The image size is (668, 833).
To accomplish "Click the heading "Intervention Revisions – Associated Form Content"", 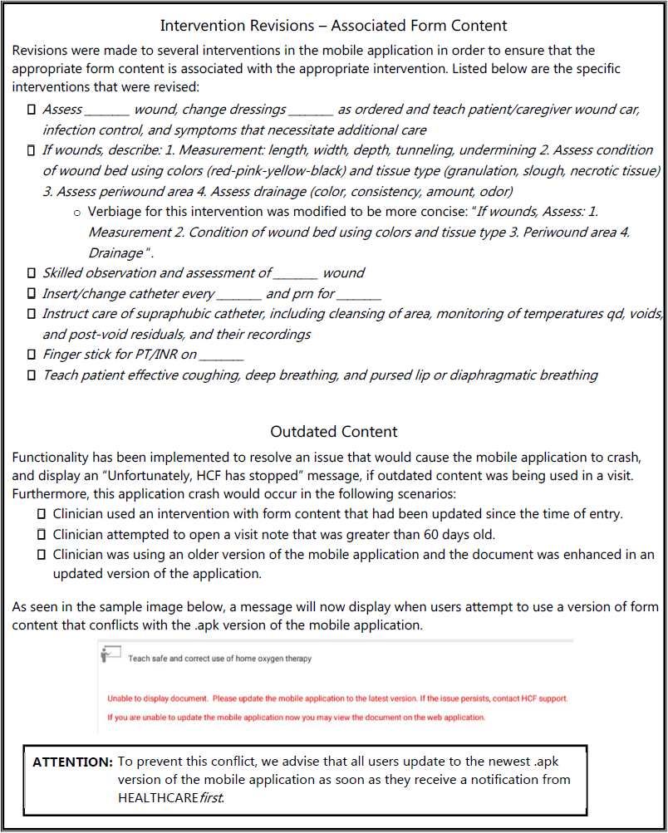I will point(333,26).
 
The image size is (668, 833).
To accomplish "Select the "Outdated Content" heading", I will point(333,432).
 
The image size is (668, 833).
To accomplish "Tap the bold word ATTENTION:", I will point(72,762).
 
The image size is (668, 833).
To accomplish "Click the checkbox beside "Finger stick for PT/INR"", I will point(32,355).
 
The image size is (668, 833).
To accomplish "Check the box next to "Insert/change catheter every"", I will point(32,293).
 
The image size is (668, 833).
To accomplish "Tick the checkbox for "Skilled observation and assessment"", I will point(32,273).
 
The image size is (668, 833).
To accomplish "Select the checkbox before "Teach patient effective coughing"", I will point(32,375).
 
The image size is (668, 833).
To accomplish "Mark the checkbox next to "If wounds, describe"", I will point(32,150).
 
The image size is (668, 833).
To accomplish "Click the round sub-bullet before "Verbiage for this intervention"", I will point(77,213).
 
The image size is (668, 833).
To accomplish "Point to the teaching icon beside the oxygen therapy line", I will point(110,654).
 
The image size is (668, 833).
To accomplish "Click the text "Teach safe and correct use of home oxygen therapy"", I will point(220,659).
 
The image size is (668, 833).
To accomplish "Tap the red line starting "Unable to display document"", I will point(337,698).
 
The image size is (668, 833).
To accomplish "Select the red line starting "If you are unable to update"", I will point(296,718).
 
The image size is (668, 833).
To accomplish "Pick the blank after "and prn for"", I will point(360,295).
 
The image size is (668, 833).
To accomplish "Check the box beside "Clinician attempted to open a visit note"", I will point(42,535).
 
